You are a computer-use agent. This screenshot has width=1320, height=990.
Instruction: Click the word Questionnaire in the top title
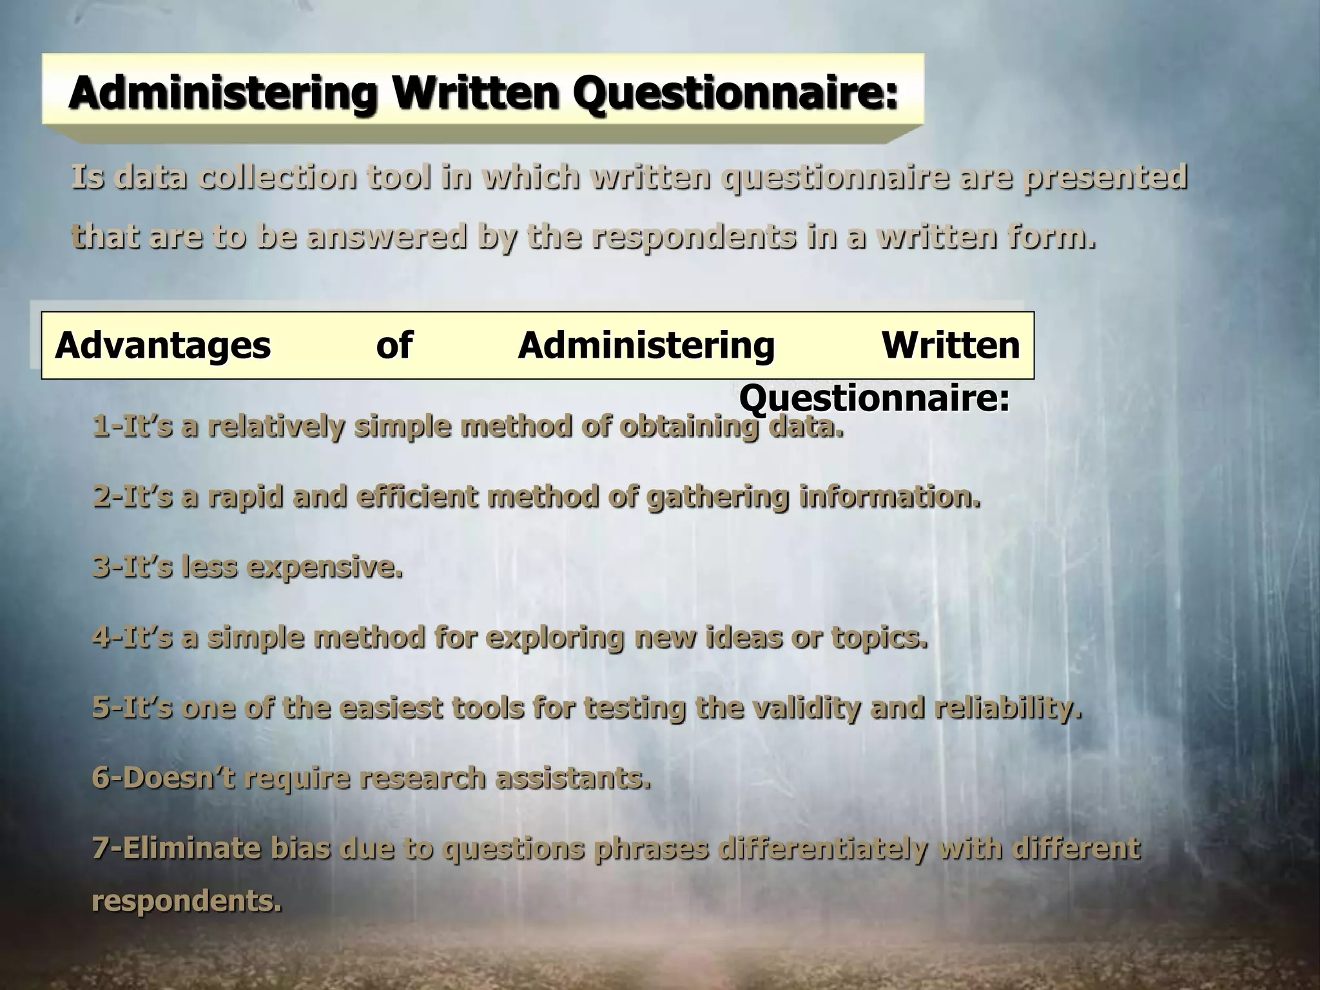pos(735,94)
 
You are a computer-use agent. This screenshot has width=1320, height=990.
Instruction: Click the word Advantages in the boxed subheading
pos(163,345)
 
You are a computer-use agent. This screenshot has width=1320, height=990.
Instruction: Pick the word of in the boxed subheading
pos(394,345)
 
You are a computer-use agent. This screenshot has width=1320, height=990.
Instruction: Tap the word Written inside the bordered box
pos(951,345)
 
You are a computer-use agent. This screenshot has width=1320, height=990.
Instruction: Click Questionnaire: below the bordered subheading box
pos(874,399)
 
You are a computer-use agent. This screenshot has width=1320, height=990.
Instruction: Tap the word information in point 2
pos(890,498)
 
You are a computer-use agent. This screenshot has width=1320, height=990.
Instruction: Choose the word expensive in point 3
pos(325,568)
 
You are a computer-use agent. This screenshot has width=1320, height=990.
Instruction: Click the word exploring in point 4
pos(555,638)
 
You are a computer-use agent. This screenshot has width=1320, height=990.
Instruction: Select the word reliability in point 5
pos(1008,708)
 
